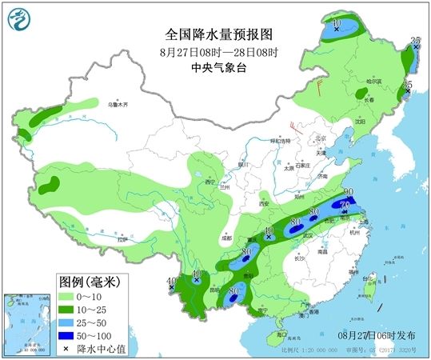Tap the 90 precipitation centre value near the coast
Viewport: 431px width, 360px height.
click(x=349, y=192)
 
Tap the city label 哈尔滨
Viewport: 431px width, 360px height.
click(x=374, y=82)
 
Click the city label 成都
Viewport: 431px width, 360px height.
click(x=206, y=238)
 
